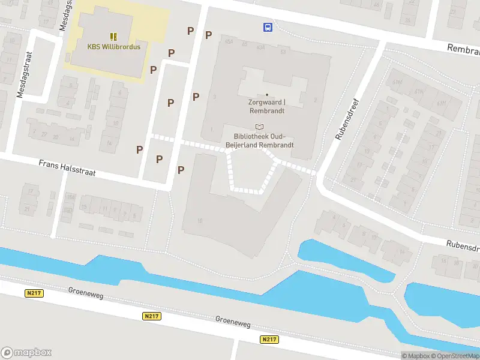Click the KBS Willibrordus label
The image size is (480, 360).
[x=113, y=47]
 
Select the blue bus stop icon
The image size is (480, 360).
[x=268, y=26]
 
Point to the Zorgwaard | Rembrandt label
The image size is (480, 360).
[x=267, y=106]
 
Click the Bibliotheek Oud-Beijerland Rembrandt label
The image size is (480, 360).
[x=259, y=140]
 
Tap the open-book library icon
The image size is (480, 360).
[x=259, y=127]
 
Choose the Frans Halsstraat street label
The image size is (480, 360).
[x=67, y=167]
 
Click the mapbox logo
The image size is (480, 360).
[x=26, y=352]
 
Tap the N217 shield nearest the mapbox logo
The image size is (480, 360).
[x=34, y=293]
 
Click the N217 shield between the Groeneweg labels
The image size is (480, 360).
[x=152, y=316]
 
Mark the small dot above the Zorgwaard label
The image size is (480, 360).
[x=267, y=95]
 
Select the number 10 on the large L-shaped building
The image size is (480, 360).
[x=199, y=221]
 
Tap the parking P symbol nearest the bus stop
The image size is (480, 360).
[x=208, y=35]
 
